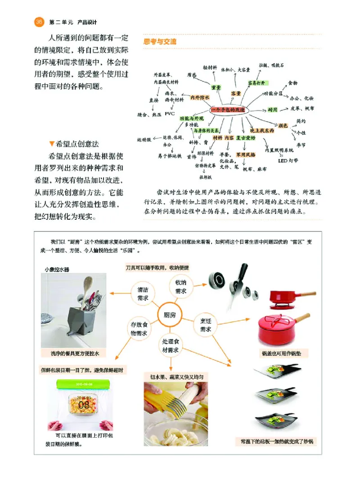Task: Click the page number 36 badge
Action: (38, 22)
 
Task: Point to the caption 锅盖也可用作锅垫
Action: (284, 353)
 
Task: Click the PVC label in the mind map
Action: (169, 114)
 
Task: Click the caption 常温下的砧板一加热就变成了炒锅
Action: (275, 442)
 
